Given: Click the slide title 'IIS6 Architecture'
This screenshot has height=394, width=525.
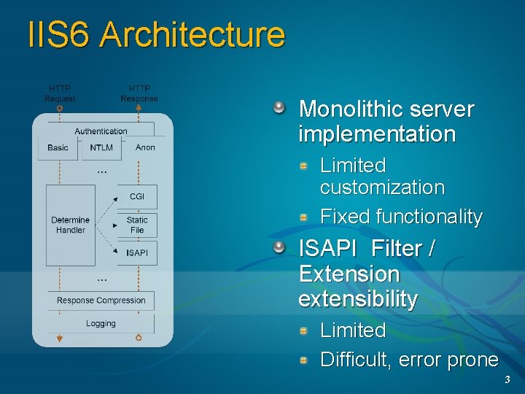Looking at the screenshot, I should point(156,35).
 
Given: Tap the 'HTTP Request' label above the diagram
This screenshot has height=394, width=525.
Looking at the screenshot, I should point(60,93).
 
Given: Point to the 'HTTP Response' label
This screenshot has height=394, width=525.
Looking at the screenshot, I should point(139,93).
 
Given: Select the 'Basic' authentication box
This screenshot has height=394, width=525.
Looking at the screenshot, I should point(58,148).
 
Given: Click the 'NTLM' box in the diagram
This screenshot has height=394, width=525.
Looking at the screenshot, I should point(101,148).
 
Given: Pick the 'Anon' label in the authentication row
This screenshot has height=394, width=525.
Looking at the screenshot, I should point(145,147).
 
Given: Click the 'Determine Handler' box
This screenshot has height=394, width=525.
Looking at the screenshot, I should point(71,225).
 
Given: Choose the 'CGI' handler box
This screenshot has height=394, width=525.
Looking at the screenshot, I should point(137,196).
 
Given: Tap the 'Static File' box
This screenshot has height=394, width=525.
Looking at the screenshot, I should point(137,225).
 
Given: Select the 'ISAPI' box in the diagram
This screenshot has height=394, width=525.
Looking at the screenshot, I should point(137,253).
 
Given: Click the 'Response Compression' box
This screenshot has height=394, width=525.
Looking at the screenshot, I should point(101,301).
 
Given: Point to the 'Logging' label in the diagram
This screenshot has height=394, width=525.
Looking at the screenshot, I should point(101,324).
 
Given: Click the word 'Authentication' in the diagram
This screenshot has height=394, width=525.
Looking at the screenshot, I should point(101,131).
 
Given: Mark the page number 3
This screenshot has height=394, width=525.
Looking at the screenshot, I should point(507,381).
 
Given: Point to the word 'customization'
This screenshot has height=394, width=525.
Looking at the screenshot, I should point(382,188).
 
